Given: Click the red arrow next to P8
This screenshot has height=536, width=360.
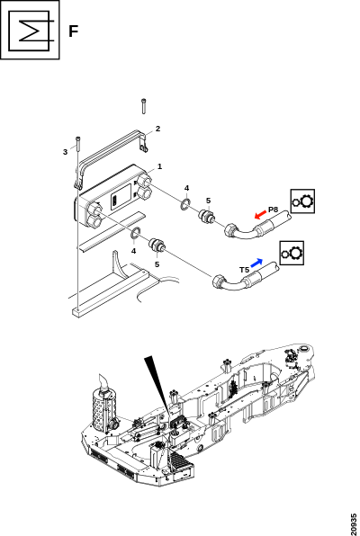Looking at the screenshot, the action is point(260,215).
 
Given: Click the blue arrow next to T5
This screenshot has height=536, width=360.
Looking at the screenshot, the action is point(256,263).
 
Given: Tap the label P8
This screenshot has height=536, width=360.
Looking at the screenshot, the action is point(273,210).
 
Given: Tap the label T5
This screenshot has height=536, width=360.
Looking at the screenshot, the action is point(244,270).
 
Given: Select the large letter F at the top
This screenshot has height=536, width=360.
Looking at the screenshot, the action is point(74,31).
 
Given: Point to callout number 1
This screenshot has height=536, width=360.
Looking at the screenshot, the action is point(159,166).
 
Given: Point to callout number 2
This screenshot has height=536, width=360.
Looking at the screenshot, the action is point(157,129).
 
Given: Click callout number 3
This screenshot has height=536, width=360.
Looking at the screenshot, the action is point(65,152).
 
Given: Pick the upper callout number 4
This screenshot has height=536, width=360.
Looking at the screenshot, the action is point(186,188).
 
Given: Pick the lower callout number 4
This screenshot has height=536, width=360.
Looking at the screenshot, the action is point(133,251).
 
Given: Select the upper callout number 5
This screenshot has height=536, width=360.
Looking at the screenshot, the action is point(209,201).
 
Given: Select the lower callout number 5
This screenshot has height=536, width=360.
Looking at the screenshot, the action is point(157,264).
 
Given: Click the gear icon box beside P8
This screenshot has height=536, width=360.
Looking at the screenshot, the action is point(302,201).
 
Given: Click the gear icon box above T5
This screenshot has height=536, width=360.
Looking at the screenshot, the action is point(292,253).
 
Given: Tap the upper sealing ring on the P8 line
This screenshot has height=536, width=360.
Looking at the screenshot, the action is point(184,204).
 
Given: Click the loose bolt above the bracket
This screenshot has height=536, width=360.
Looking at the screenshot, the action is point(143,106).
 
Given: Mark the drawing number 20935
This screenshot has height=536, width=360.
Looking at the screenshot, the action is point(354,524).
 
